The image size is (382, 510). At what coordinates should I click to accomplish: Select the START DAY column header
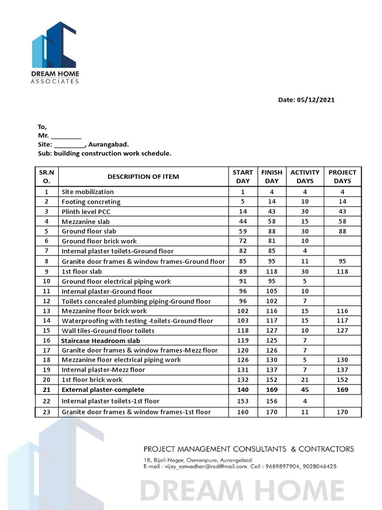[x=243, y=176]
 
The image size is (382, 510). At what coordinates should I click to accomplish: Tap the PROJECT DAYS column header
[x=342, y=176]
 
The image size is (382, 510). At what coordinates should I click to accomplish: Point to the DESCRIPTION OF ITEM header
[x=143, y=176]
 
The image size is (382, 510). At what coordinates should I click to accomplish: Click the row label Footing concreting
[x=91, y=202]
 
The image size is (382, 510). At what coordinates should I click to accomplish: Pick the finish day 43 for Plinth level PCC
[x=272, y=212]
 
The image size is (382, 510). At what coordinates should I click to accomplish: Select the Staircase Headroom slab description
[x=100, y=341]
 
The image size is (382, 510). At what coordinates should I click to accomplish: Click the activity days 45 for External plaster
[x=304, y=389]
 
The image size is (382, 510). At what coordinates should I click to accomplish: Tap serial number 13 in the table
[x=47, y=311]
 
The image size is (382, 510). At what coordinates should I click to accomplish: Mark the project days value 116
[x=342, y=311]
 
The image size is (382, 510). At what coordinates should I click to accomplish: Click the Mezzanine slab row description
[x=86, y=222]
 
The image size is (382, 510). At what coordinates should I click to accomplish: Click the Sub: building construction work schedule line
[x=104, y=153]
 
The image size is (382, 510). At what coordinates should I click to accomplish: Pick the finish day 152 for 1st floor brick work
[x=272, y=380]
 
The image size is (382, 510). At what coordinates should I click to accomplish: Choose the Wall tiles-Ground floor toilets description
[x=108, y=331]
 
